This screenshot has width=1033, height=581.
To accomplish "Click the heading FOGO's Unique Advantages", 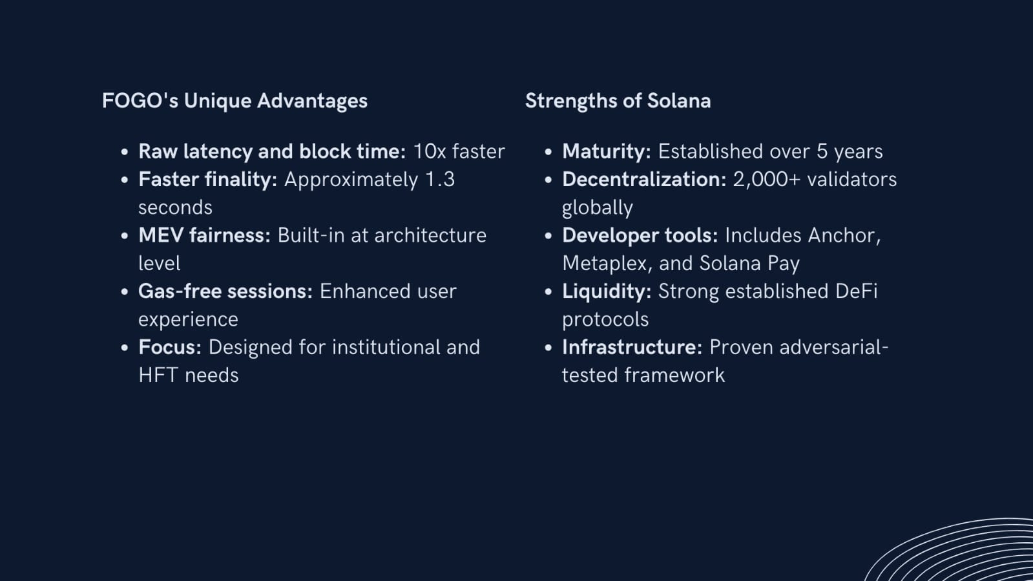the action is point(235,101).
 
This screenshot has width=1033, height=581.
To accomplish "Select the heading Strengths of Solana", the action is point(618,101).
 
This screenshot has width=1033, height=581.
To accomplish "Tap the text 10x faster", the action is point(459,152).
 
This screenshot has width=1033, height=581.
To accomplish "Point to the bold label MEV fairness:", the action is point(204,235).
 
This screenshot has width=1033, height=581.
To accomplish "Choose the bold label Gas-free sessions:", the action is point(225,291).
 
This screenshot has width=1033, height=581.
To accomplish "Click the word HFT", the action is point(158,375).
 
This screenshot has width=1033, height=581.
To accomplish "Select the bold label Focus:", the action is point(170,347).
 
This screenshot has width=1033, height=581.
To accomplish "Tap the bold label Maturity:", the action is point(607,152).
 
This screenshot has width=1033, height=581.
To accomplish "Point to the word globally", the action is point(597,208).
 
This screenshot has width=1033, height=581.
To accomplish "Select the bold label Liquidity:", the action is point(607,291).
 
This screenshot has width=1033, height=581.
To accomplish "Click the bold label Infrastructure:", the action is point(632,347).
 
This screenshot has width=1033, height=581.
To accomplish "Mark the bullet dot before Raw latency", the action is point(124,152).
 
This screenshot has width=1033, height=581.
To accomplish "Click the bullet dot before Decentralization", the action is point(548,180).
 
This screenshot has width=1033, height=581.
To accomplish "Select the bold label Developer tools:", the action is point(640,236).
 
